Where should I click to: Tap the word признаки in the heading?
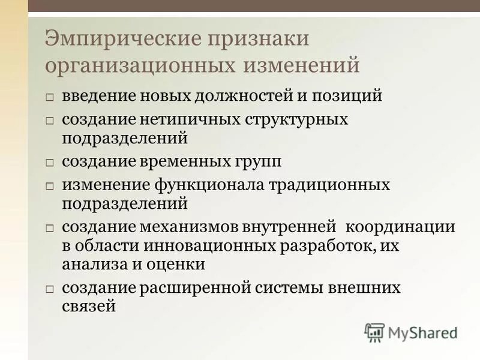coord(259,40)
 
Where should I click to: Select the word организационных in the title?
coord(139,65)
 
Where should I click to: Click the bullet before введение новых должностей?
coord(50,97)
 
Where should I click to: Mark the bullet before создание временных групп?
coord(50,163)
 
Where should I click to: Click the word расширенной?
coord(203,287)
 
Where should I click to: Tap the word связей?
coord(89,306)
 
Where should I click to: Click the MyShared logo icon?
coord(374,332)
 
